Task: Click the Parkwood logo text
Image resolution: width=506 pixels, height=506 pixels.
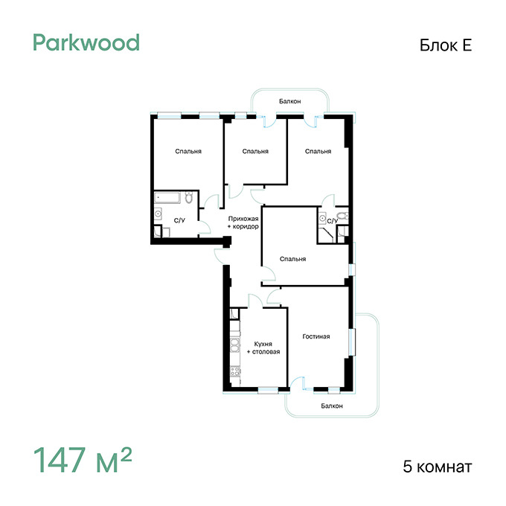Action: point(86,42)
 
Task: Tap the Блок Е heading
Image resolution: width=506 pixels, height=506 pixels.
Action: point(446,45)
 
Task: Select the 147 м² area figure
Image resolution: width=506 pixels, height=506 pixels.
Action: point(83,459)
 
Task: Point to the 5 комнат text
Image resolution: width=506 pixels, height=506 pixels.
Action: point(438,467)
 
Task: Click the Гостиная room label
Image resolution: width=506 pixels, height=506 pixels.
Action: point(316,336)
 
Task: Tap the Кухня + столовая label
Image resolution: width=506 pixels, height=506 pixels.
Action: point(263,348)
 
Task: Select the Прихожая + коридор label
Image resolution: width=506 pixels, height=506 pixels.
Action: point(243,222)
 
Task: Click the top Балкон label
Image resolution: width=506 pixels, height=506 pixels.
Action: point(289,101)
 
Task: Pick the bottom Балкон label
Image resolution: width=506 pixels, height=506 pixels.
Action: point(332,406)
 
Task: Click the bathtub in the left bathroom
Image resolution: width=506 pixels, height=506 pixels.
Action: point(167,198)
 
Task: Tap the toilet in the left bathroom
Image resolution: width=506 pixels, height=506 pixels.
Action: point(189,197)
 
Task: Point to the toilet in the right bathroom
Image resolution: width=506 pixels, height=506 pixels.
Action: point(342,216)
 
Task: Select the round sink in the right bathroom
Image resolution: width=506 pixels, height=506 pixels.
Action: point(322,219)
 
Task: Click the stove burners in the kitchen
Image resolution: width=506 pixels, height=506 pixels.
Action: point(235,371)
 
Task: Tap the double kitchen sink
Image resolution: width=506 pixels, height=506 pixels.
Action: point(235,345)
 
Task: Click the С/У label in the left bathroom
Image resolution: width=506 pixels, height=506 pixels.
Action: point(179,221)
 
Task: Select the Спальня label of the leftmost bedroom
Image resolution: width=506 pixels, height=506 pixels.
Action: point(188,151)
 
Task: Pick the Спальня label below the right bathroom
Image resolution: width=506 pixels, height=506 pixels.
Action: point(292,259)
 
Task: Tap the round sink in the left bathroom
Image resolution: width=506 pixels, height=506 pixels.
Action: point(158,214)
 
